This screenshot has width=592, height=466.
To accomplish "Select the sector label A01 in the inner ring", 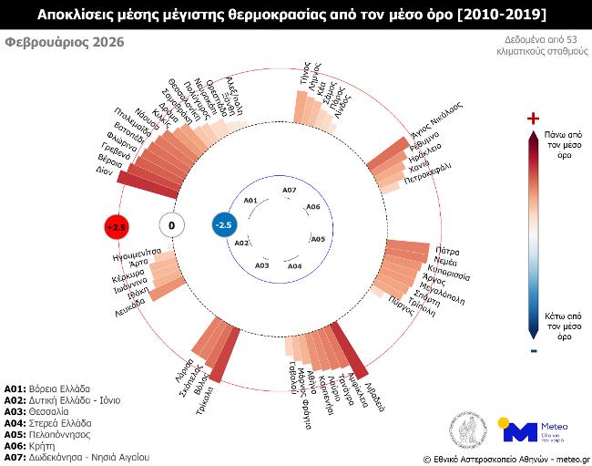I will (x=251, y=201).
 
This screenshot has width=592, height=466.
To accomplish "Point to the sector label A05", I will (x=318, y=239).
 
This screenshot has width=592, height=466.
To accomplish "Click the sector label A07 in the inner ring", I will (x=289, y=190).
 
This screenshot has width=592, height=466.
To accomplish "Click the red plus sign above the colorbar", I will (x=534, y=119).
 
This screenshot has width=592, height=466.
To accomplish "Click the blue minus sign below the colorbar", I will (x=534, y=351).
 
